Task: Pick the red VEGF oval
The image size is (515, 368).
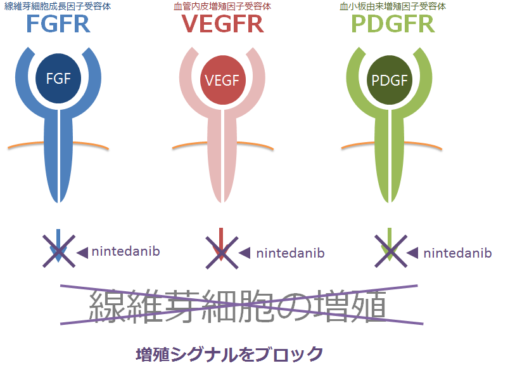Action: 221,79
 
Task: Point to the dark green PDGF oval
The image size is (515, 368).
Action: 390,79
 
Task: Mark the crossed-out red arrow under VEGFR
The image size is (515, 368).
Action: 221,249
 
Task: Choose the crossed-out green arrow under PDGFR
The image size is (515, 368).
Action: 390,249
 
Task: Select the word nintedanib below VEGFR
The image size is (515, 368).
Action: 290,253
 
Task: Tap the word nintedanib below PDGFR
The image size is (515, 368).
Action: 457,253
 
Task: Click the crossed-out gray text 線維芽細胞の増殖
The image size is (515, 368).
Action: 238,305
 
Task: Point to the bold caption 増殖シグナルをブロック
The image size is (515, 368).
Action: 229,353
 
